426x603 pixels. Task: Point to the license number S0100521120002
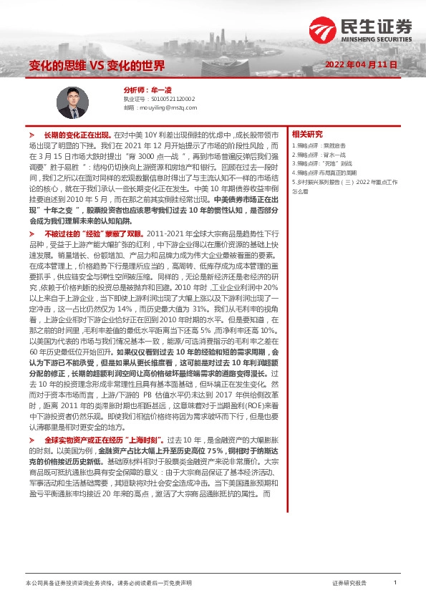(x=172, y=99)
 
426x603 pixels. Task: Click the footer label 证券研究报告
(x=349, y=584)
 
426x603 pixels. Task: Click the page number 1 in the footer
(x=395, y=584)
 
